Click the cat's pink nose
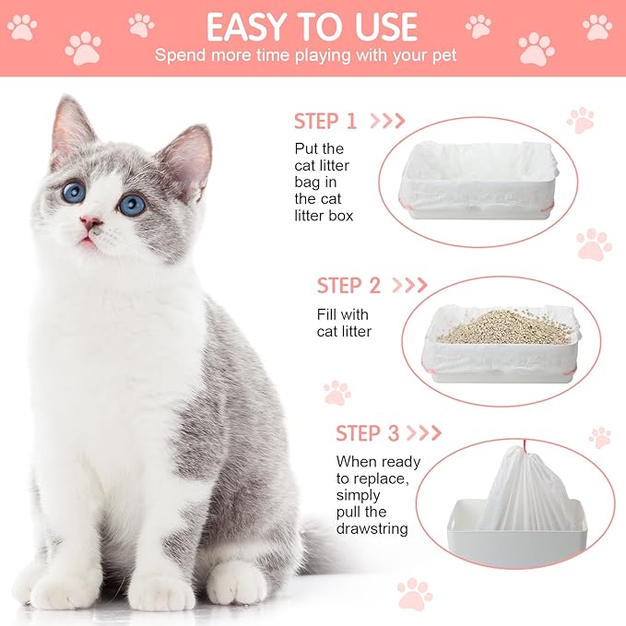pos(90,222)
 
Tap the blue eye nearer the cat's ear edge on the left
pos(74,192)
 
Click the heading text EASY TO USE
pos(312,27)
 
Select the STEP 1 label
pos(325,121)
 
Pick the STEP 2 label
pos(348,286)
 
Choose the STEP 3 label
pos(367,433)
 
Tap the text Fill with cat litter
pos(343,323)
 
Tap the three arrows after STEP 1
pos(387,121)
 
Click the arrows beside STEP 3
pos(425,433)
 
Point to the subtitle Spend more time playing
pos(305,55)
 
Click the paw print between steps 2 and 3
pos(337,393)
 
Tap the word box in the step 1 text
pos(340,216)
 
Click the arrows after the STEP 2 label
pos(410,286)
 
